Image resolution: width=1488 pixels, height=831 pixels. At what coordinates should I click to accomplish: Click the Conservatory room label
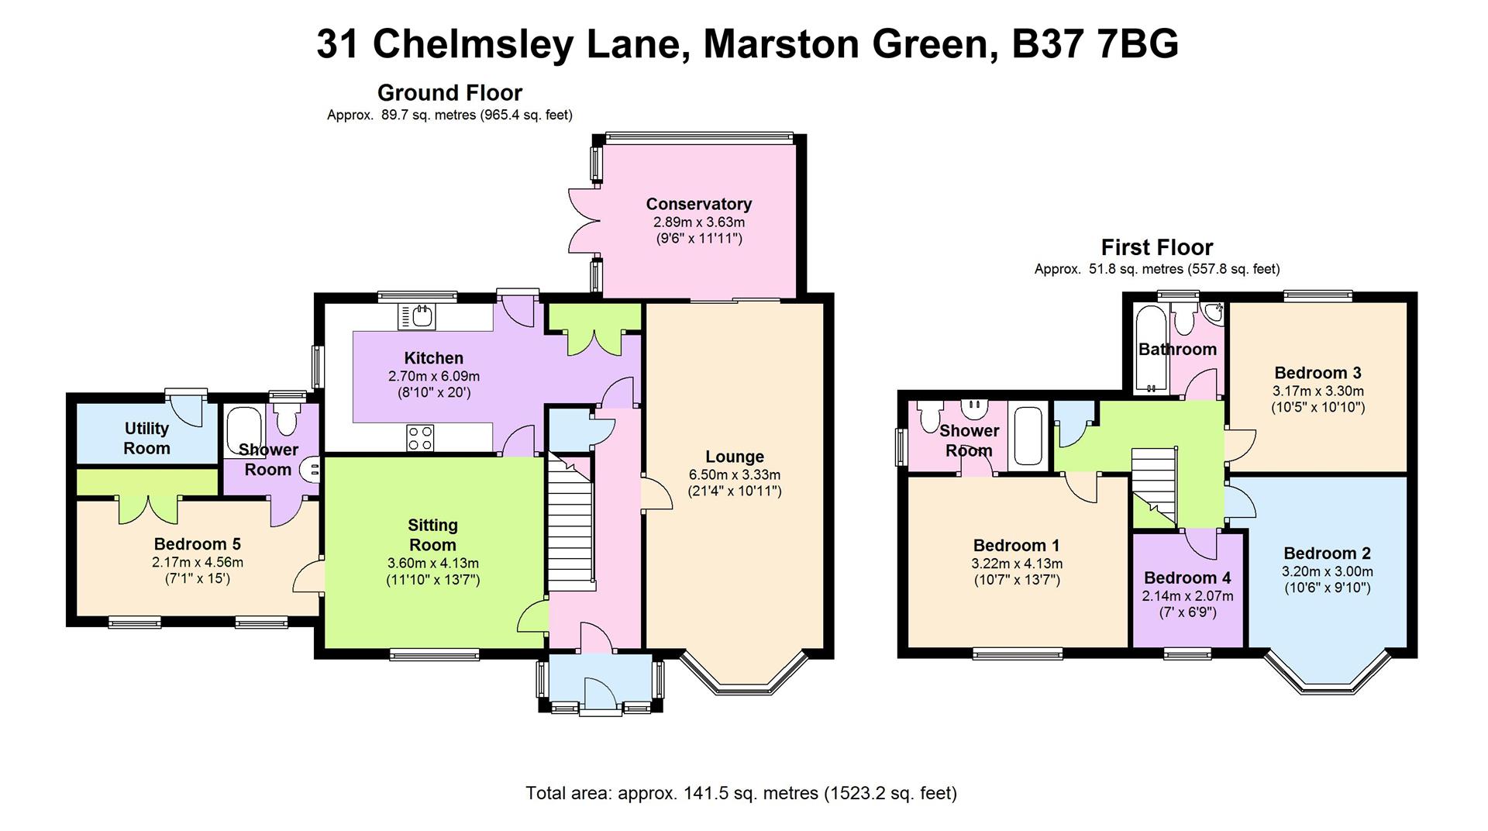click(698, 204)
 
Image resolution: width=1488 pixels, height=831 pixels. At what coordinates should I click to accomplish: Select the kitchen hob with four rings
click(420, 437)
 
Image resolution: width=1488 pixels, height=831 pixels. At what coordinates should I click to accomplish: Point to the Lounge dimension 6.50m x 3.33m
click(734, 474)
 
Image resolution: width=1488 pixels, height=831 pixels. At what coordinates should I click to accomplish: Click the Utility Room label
click(146, 438)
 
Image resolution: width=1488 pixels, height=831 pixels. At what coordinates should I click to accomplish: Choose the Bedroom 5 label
click(197, 544)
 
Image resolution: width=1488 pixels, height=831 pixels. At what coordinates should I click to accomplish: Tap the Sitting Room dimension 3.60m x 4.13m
click(432, 563)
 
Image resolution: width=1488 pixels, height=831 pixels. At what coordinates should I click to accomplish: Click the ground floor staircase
click(570, 521)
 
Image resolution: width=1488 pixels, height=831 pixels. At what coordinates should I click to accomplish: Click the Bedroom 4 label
click(1187, 578)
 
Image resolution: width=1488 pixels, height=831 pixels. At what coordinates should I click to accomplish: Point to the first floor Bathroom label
click(1176, 350)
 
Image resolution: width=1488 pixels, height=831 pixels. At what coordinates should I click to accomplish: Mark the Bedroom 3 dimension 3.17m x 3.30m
click(1317, 391)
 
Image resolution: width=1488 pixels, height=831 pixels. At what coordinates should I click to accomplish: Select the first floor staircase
click(1153, 488)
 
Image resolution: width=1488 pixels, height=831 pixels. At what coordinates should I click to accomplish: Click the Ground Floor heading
click(449, 93)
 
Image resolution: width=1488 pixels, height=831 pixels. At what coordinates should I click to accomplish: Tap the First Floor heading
click(1156, 247)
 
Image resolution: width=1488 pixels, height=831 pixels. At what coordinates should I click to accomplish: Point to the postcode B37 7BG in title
click(1095, 44)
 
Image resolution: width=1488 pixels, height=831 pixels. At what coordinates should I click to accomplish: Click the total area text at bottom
click(741, 793)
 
